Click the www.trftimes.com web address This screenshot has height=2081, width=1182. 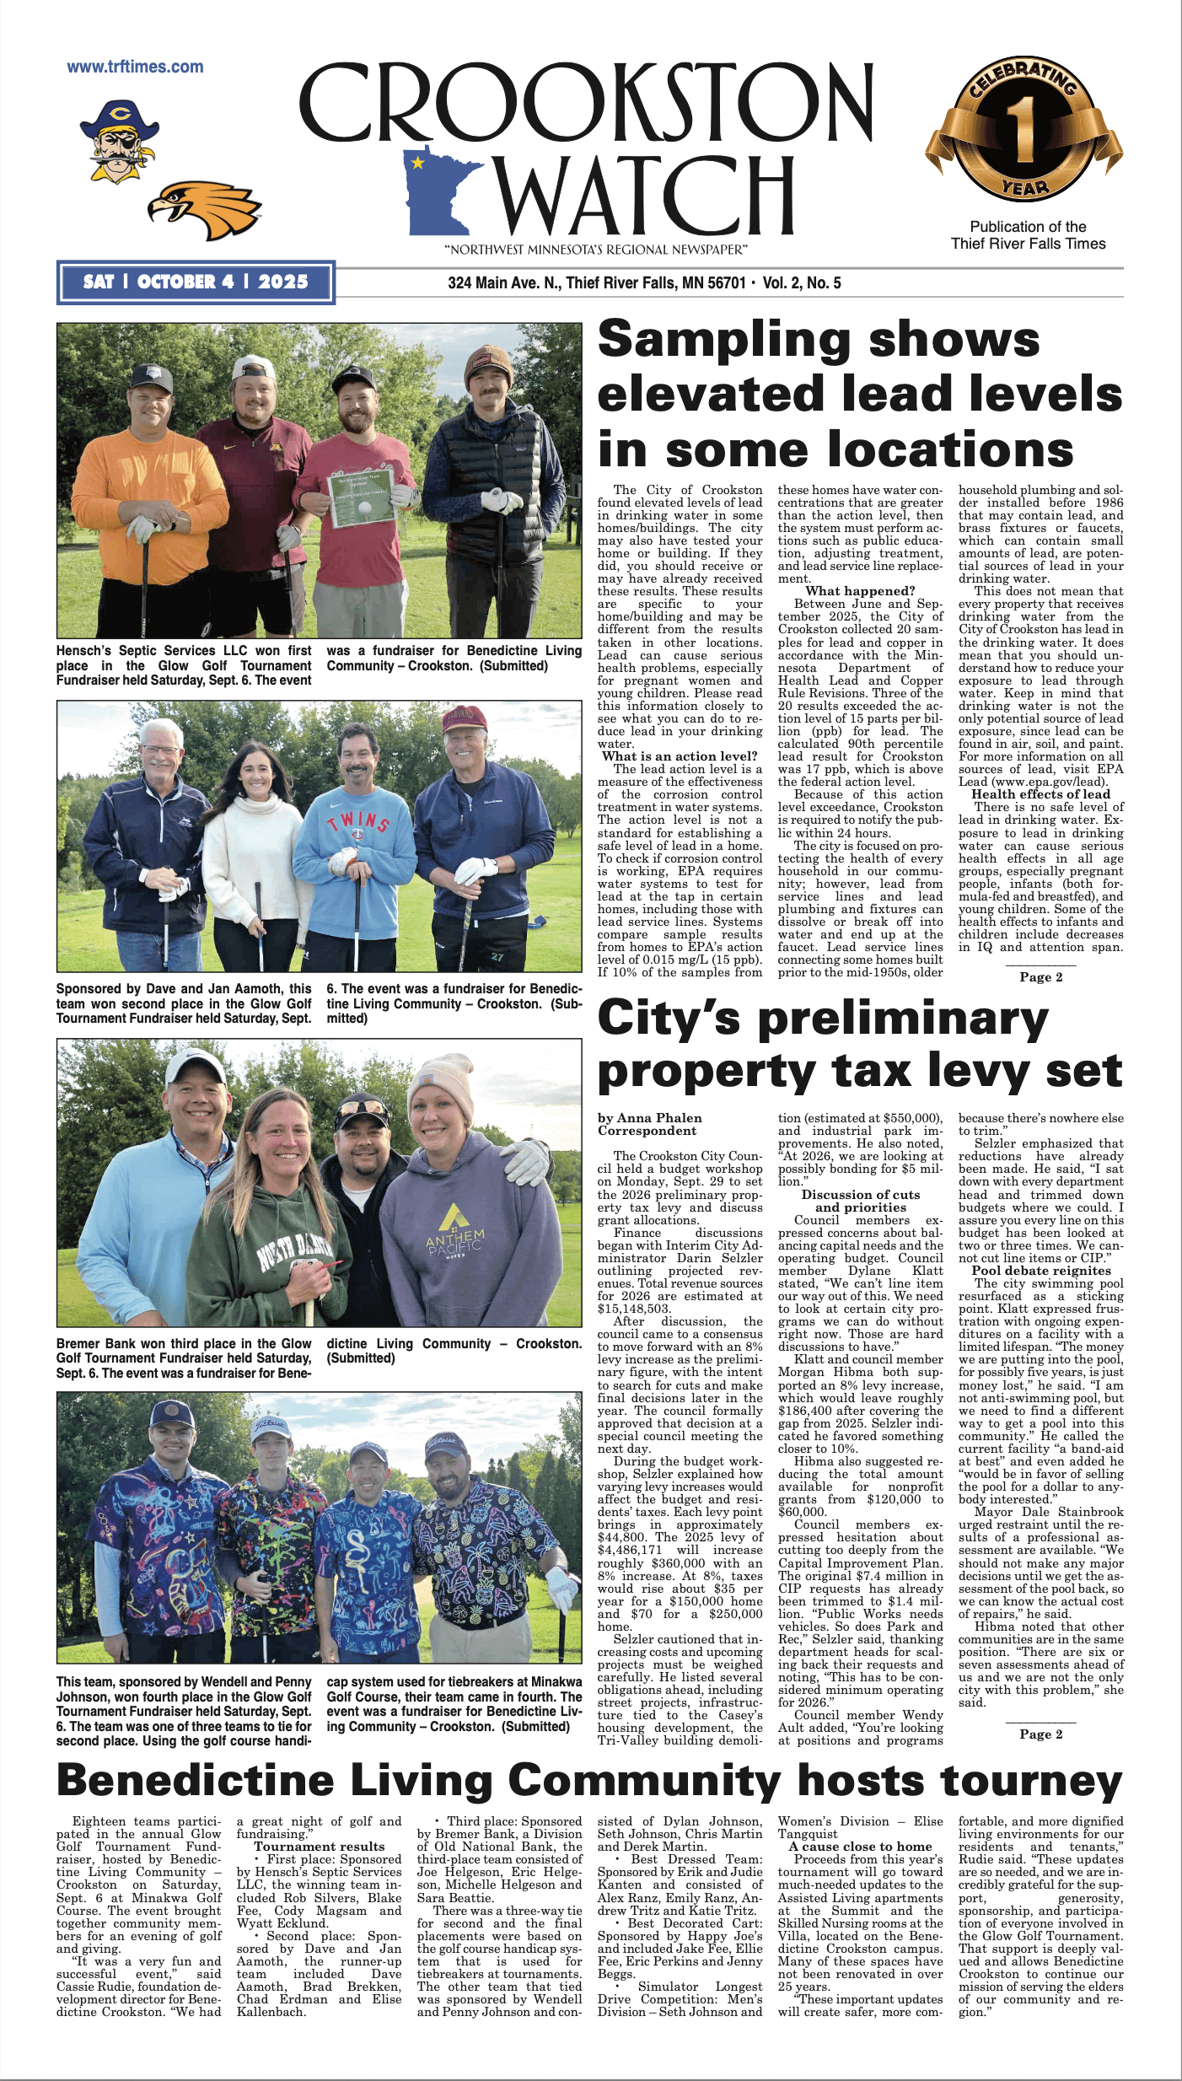point(135,67)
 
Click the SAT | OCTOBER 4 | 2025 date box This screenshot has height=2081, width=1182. point(196,282)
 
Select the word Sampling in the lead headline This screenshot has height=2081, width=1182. point(725,339)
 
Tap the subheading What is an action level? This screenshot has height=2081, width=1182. point(680,756)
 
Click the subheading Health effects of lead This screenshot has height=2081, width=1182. point(1040,794)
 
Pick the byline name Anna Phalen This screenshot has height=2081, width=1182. point(660,1118)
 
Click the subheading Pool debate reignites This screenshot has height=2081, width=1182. point(1040,1271)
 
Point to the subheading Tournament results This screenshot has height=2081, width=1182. point(319,1847)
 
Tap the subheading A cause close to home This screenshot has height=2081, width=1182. point(860,1847)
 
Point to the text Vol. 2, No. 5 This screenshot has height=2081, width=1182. point(801,283)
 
